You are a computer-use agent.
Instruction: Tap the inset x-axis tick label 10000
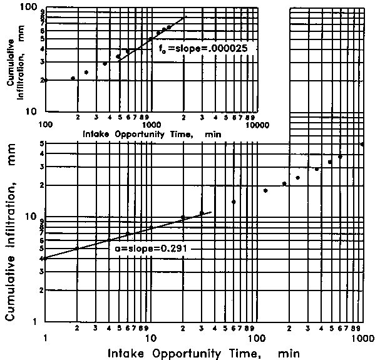pyautogui.click(x=257, y=125)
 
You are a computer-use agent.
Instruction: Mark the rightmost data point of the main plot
pyautogui.click(x=363, y=144)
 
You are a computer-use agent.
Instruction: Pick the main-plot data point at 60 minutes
pyautogui.click(x=234, y=202)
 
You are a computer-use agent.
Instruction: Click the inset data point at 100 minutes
pyautogui.click(x=45, y=80)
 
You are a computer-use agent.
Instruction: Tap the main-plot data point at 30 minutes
pyautogui.click(x=202, y=213)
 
